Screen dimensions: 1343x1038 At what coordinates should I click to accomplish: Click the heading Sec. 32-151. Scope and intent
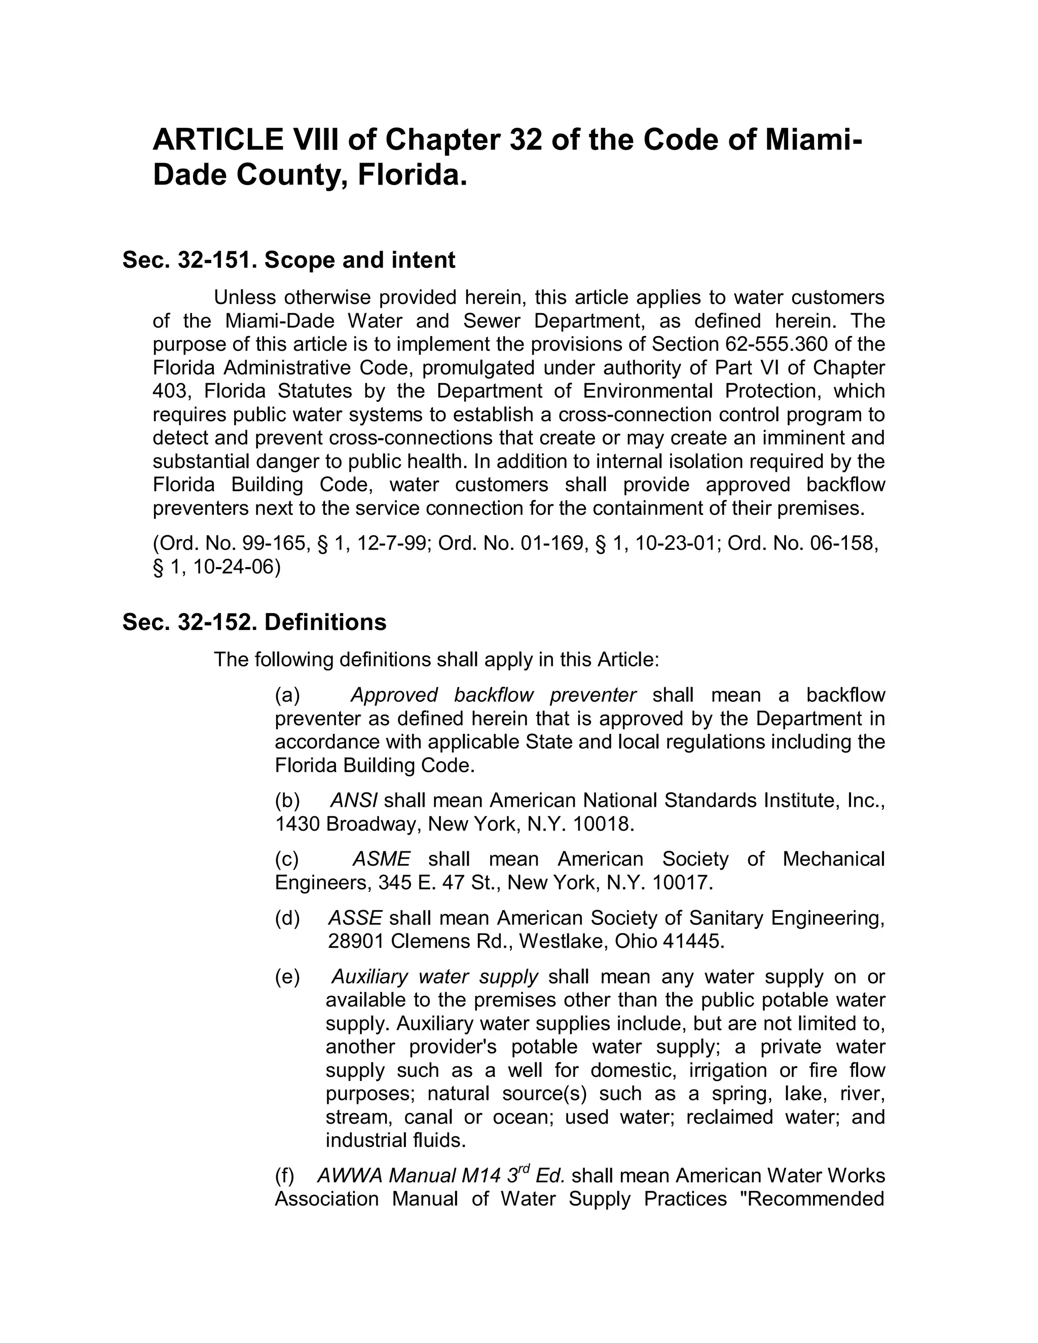pos(288,260)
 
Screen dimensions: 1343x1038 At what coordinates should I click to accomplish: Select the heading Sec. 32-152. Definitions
pos(254,622)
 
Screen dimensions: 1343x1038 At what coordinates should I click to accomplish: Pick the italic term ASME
pos(381,859)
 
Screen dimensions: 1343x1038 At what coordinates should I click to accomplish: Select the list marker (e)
pos(287,977)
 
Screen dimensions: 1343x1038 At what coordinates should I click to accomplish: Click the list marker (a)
pos(287,695)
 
